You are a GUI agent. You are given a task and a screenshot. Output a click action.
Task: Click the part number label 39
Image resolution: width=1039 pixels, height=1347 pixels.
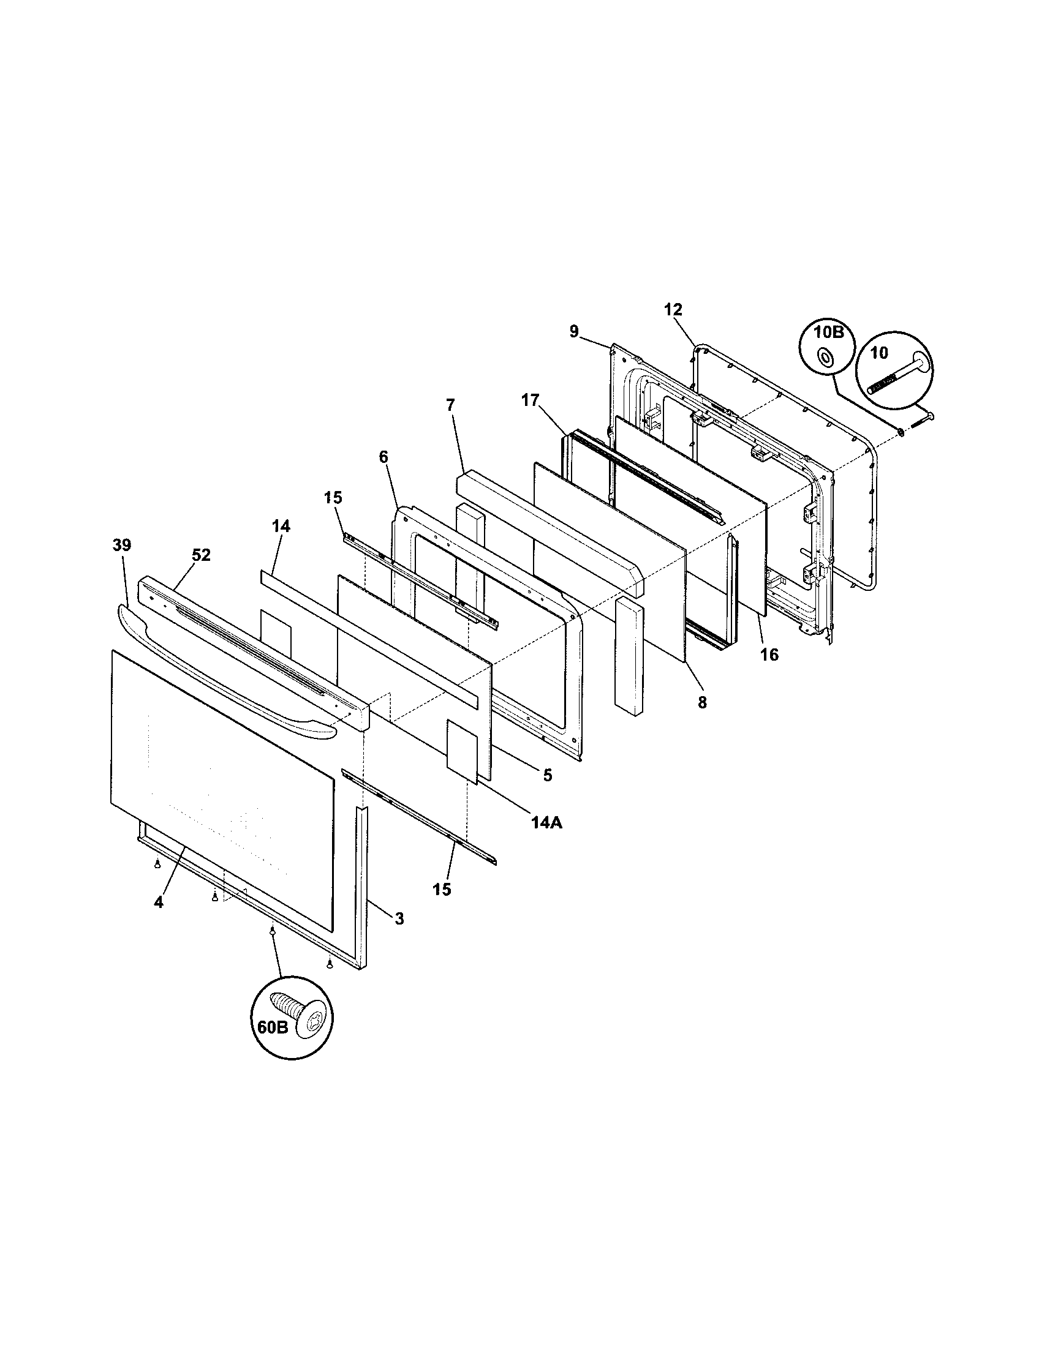(121, 545)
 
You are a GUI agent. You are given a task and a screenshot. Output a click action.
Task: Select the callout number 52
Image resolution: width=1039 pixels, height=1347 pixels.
(201, 555)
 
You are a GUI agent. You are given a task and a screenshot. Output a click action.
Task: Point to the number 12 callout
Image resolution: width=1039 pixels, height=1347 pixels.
(673, 309)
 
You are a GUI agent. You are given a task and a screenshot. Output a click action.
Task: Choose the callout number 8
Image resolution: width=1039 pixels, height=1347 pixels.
(702, 702)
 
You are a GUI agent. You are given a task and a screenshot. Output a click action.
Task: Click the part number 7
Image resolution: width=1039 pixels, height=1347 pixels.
(450, 405)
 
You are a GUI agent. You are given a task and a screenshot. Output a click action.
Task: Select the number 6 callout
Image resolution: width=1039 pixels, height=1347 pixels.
(383, 457)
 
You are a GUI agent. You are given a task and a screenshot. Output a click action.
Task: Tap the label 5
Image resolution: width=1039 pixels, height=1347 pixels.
(547, 775)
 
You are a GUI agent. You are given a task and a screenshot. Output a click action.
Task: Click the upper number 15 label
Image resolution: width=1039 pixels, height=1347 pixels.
(333, 498)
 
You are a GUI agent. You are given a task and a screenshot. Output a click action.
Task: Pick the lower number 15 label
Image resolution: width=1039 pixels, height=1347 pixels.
(442, 889)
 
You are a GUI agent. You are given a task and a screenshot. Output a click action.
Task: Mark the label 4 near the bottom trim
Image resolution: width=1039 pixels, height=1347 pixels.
(159, 902)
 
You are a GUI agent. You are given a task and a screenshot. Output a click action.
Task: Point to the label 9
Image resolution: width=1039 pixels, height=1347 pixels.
(574, 332)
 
